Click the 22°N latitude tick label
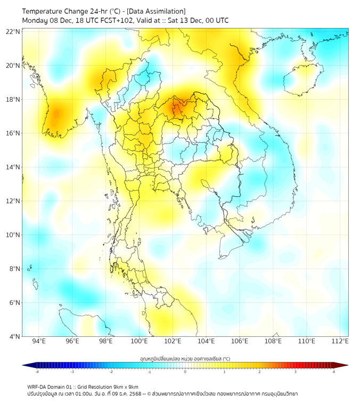pyautogui.click(x=13, y=32)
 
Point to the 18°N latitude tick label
pyautogui.click(x=13, y=100)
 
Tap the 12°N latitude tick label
pyautogui.click(x=13, y=201)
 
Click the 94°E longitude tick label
pyautogui.click(x=39, y=342)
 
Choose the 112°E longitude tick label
pyautogui.click(x=340, y=342)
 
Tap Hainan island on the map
pyautogui.click(x=299, y=78)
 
